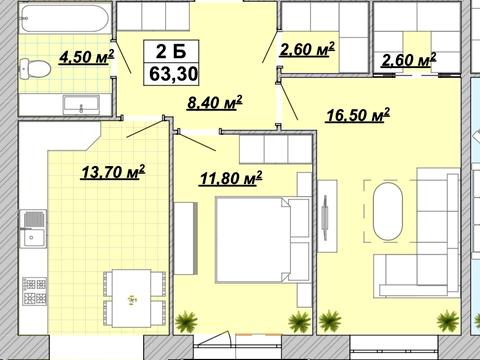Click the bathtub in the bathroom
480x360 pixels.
pos(65,17)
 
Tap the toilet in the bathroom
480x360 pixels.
pos(35,69)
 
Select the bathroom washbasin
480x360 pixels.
pos(81,104)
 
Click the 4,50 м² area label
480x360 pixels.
pos(87,57)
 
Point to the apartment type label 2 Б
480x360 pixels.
pos(171,51)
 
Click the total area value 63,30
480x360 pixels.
pos(173,74)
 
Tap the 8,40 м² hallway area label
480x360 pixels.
pos(214,103)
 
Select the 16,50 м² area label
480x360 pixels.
pos(358,115)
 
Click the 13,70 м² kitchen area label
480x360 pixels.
pos(113,172)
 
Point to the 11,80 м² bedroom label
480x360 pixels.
pos(230,178)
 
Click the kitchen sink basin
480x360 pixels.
pos(33,229)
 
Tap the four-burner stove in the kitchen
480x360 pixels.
pos(34,291)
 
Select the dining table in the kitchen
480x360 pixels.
pos(131,298)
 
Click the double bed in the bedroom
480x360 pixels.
pos(252,240)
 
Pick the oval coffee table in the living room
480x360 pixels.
pos(388,211)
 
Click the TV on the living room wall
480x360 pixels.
pos(325,218)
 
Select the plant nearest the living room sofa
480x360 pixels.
pos(448,321)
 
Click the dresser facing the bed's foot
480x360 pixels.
pos(184,238)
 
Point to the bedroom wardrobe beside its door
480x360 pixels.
pos(275,149)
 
